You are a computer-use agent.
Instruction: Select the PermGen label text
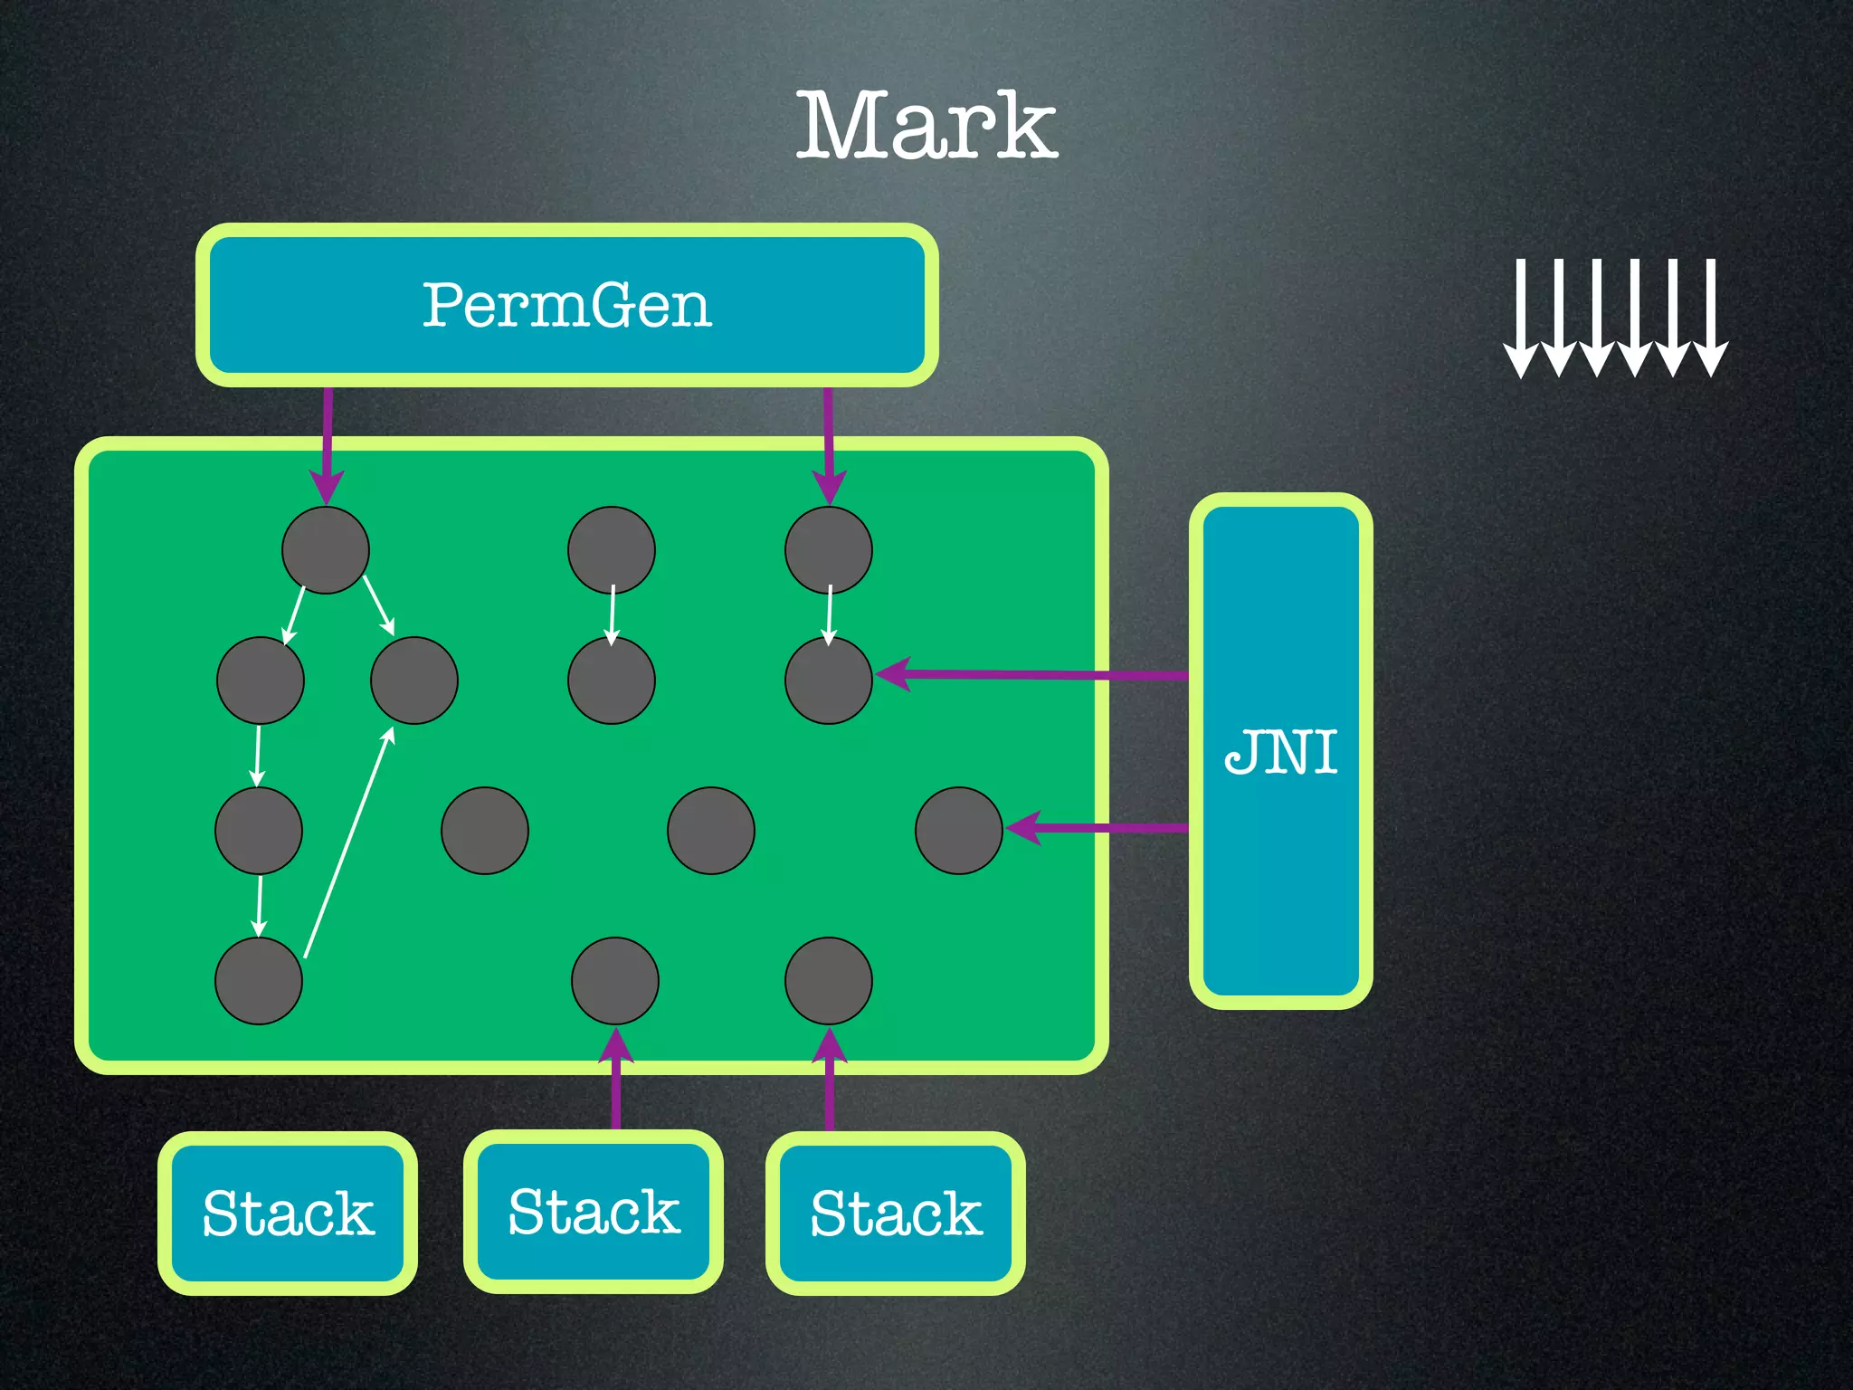click(567, 305)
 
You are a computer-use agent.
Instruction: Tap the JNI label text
click(1281, 751)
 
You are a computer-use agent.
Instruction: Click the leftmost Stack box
click(288, 1213)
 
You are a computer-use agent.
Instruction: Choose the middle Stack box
click(594, 1212)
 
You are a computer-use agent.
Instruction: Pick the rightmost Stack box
click(896, 1213)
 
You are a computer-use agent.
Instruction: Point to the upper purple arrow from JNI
click(1031, 674)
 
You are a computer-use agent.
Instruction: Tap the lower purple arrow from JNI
click(1095, 828)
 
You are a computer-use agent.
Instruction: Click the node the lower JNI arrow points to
click(959, 831)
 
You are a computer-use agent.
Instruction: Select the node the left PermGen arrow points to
click(326, 550)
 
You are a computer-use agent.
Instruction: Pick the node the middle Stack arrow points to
click(615, 981)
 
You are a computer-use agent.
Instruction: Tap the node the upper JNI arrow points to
click(829, 681)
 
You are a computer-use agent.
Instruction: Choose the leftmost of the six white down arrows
click(1521, 317)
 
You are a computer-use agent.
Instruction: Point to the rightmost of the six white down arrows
click(1711, 317)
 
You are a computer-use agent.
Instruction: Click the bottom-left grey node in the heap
click(259, 981)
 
